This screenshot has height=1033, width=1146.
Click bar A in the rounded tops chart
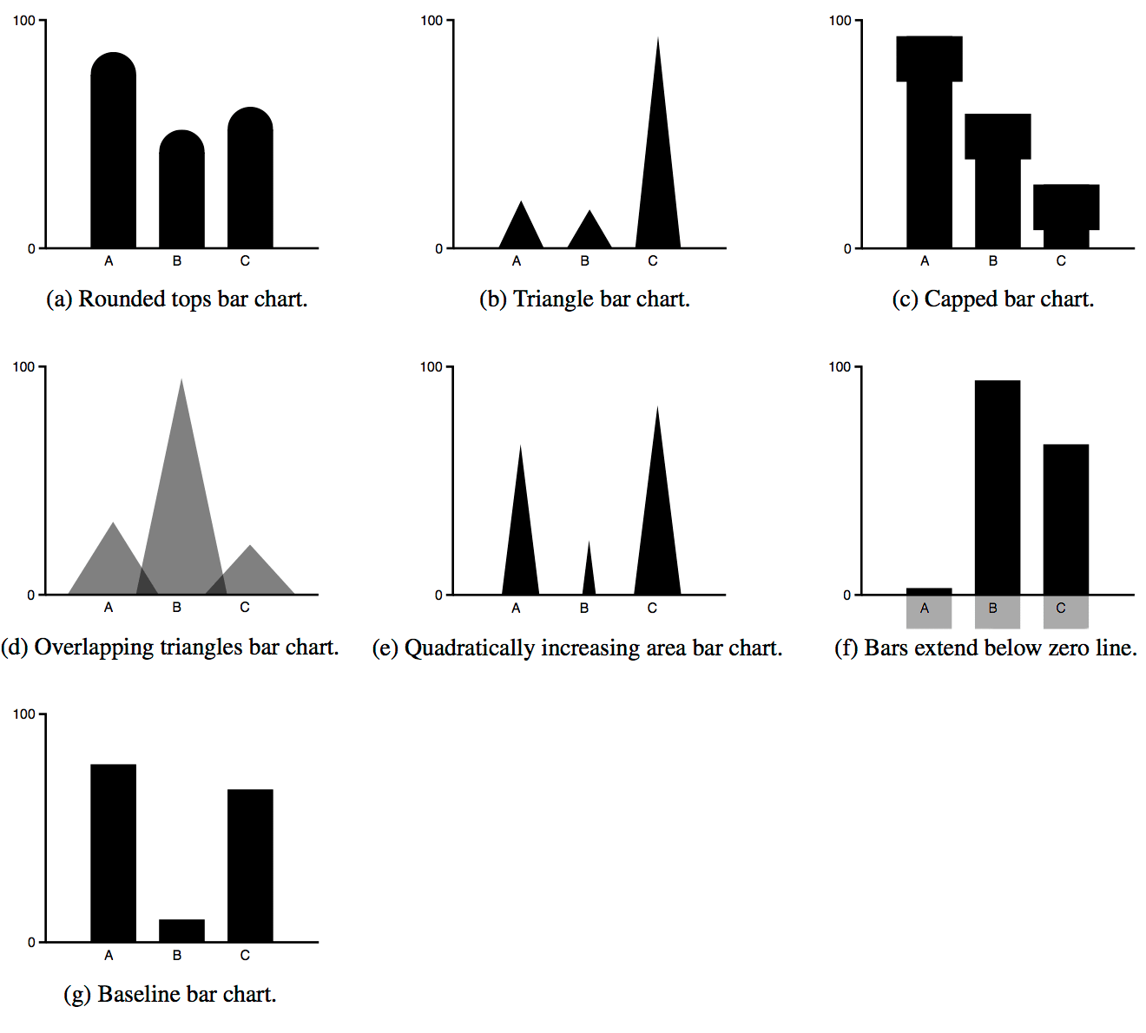tap(113, 156)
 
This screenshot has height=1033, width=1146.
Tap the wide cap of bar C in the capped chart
tap(1066, 207)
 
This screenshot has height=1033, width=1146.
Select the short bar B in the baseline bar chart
tap(181, 931)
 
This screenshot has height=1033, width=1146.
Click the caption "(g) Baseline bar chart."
tap(170, 994)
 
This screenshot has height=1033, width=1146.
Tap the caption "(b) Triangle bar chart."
tap(584, 299)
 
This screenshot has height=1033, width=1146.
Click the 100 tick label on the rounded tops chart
tap(23, 21)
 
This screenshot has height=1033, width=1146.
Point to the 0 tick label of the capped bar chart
tap(847, 249)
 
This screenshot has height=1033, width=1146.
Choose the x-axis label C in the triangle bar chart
tap(653, 261)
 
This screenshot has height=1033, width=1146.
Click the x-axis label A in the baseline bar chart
tap(109, 956)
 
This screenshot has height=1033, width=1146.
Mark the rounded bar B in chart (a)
tap(181, 191)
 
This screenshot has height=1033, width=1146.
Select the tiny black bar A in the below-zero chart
tap(929, 591)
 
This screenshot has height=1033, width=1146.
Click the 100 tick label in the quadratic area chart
tap(431, 367)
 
